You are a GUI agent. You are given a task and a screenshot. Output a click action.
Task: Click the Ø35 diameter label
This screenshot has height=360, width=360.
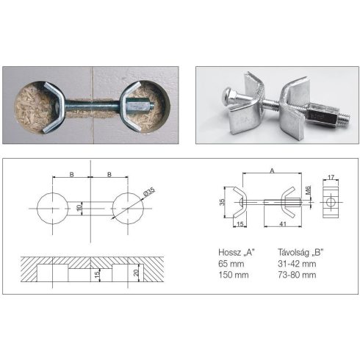click(149, 192)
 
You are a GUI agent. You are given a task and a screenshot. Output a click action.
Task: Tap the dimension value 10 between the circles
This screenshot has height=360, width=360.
click(79, 208)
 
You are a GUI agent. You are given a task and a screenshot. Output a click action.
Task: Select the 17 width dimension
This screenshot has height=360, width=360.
click(331, 177)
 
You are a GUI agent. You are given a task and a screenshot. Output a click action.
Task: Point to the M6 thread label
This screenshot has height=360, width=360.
click(308, 190)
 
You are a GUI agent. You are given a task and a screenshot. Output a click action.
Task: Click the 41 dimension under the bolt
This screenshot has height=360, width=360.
click(283, 224)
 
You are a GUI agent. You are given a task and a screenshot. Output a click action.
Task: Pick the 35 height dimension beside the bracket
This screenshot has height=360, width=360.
click(222, 202)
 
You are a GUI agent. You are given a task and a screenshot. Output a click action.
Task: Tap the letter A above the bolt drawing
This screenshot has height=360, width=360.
click(272, 170)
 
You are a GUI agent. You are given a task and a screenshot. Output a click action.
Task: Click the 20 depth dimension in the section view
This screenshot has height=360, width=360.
click(137, 273)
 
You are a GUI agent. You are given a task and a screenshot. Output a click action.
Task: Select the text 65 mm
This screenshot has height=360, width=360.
click(231, 264)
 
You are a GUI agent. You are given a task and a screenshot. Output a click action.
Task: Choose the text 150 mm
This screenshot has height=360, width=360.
click(234, 275)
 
